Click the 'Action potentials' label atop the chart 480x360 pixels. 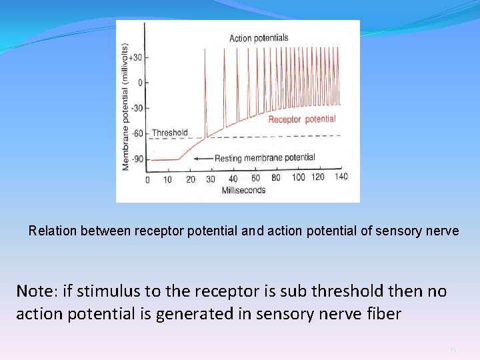coord(259,38)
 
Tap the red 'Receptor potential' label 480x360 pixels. coord(301,119)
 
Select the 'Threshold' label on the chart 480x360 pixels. coord(169,133)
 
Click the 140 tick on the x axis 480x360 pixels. coord(341,177)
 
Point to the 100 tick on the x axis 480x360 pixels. coord(299,177)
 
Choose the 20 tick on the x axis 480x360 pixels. coord(190,179)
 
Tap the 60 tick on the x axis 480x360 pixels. coord(255,178)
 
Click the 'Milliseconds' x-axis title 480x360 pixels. coord(243,190)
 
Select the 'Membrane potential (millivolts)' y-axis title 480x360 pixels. coord(125,106)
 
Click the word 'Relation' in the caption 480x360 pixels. coord(53,231)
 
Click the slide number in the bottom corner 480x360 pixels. coord(451,349)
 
